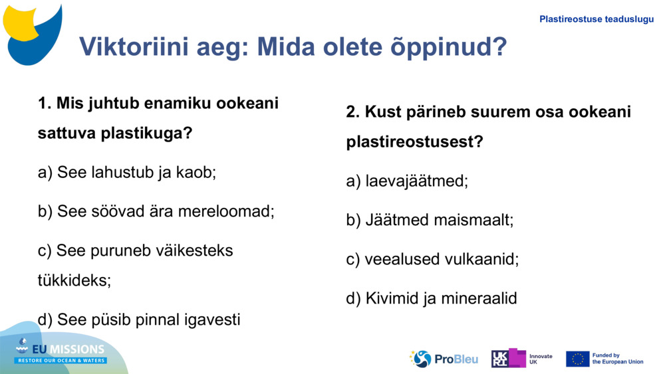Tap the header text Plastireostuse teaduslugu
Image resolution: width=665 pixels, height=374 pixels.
596,19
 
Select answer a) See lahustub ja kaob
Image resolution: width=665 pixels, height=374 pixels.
127,173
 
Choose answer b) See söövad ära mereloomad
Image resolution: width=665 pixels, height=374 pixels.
156,211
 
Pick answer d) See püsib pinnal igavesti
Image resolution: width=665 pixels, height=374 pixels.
138,320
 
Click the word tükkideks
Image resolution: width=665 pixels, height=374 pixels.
74,280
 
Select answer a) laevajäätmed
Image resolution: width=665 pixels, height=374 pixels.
406,181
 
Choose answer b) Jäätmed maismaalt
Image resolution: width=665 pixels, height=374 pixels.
430,220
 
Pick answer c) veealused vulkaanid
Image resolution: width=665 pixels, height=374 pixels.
432,259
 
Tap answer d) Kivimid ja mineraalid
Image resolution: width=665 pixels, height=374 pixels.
431,298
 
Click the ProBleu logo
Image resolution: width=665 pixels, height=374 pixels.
444,359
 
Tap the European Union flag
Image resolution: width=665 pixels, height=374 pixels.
577,359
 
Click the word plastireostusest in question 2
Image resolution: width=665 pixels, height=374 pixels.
414,142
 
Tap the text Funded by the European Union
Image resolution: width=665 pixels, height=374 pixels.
617,359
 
